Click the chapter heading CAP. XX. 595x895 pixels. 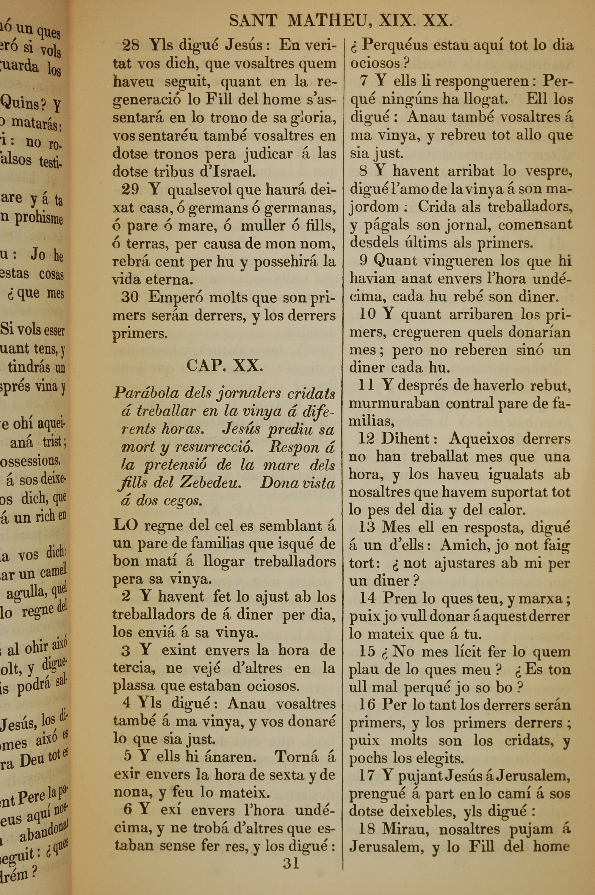[x=224, y=366]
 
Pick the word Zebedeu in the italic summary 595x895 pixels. [x=210, y=483]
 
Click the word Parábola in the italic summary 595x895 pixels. [x=145, y=393]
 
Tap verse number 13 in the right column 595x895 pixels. [x=367, y=527]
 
